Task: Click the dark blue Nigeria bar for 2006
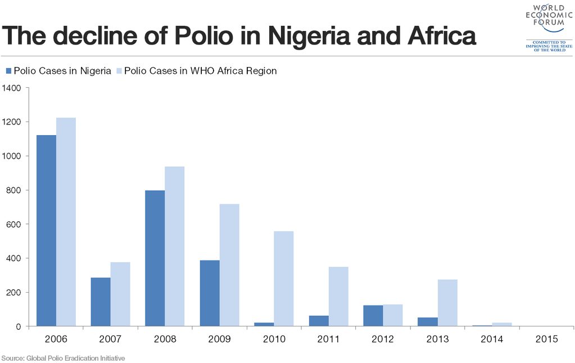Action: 46,231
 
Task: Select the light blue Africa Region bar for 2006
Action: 66,222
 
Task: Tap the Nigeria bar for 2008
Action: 155,258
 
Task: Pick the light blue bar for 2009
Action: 229,265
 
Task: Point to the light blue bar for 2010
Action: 283,279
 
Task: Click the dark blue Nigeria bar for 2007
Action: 101,302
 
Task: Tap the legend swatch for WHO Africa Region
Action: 119,71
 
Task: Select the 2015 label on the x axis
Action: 546,340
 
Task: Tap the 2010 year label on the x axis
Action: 274,340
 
